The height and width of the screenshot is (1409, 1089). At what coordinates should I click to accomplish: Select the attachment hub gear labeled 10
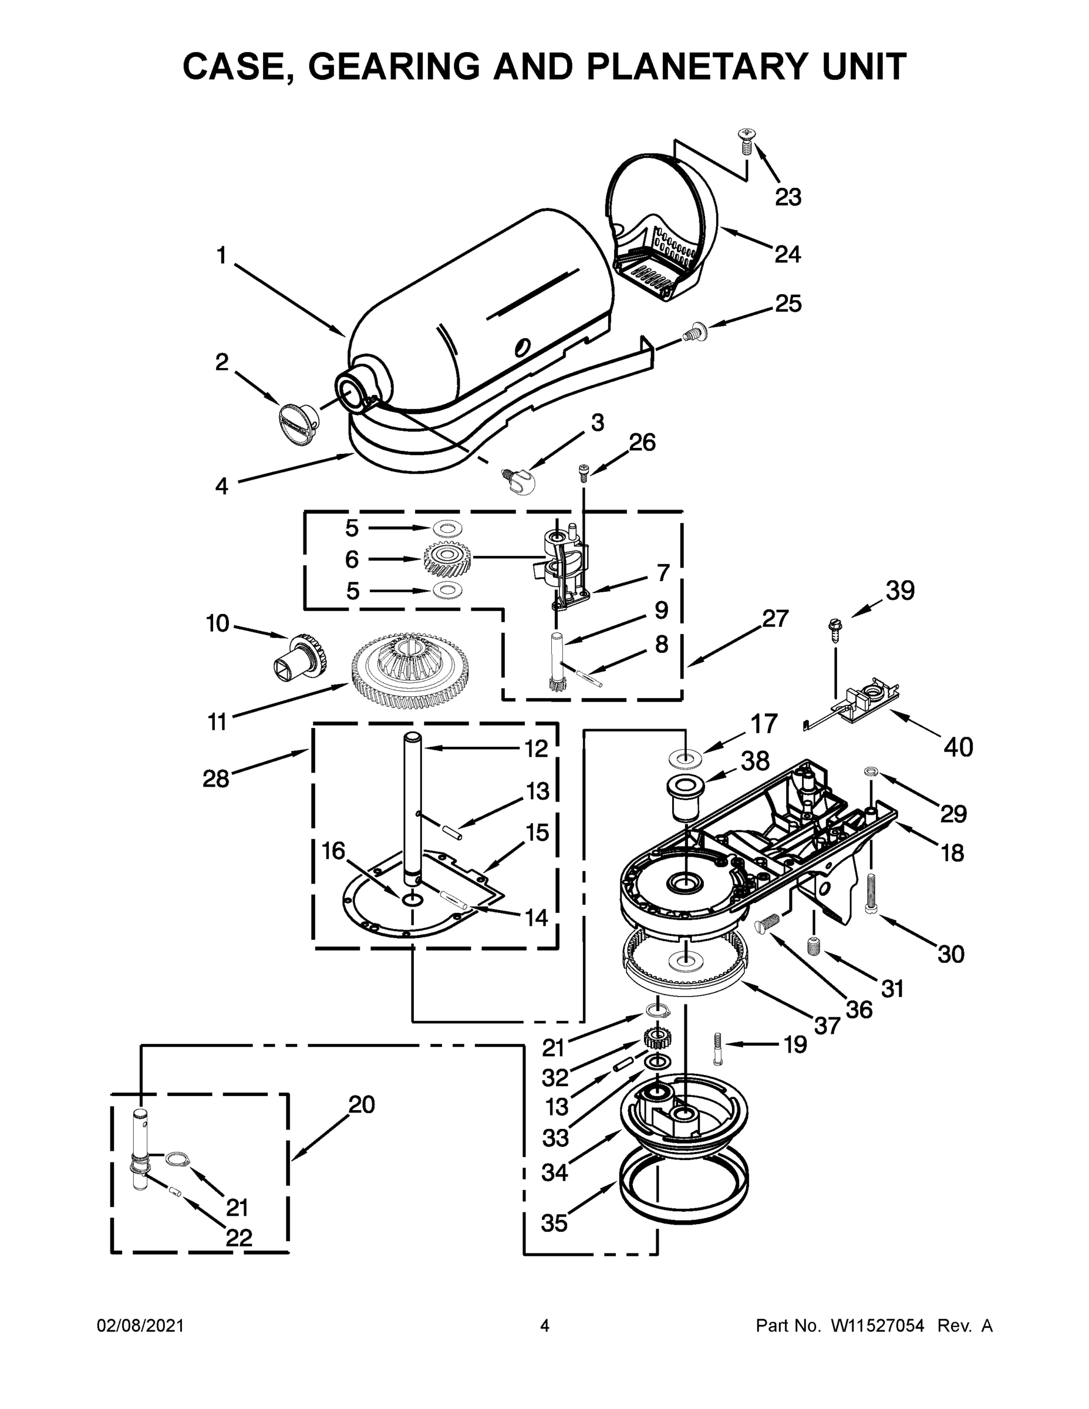coord(301,659)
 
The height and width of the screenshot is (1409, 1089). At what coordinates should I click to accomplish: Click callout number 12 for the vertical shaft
coord(536,749)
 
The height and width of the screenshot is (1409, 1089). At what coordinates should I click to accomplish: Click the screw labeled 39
coord(834,628)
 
